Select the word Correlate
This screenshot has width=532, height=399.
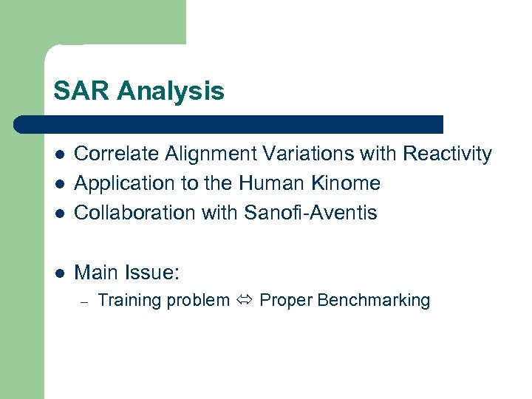117,154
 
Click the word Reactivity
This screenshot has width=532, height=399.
447,154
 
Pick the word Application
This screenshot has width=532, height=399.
120,184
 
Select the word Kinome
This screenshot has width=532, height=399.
349,183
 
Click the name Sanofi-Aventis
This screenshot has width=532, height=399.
310,213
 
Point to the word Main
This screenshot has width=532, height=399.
95,273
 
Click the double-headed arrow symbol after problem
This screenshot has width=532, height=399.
245,301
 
